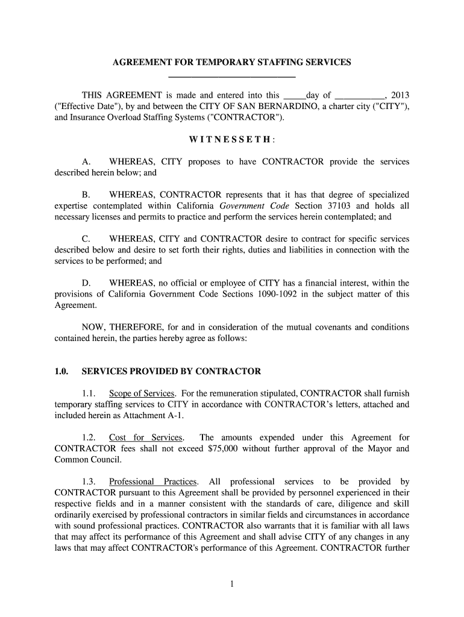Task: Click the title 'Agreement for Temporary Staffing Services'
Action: tap(232, 63)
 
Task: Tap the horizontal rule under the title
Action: tap(232, 78)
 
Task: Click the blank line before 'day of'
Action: tap(294, 96)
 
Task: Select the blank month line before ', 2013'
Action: tap(359, 96)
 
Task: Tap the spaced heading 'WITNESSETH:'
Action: tap(232, 140)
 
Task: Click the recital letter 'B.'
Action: tap(86, 195)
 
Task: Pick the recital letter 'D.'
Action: tap(86, 283)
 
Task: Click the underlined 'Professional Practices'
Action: tap(153, 481)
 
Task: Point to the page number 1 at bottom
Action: tap(232, 583)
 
